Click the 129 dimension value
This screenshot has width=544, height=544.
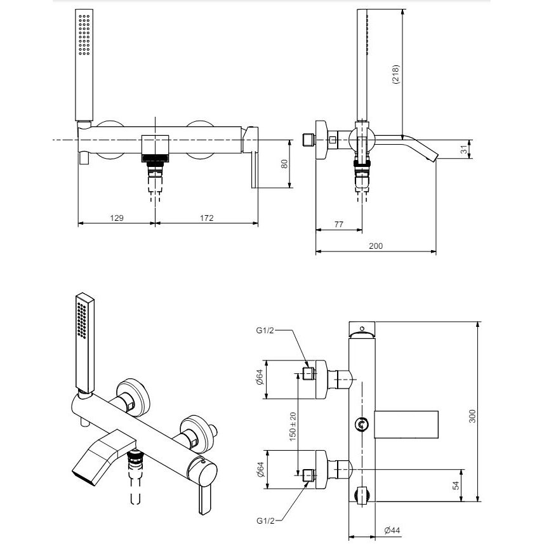(117, 218)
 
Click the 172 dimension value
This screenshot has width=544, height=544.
(206, 218)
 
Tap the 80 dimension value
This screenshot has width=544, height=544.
(284, 164)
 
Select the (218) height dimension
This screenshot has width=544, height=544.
(395, 74)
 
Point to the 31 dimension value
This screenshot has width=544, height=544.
(464, 150)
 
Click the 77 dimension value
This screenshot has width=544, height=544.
(338, 225)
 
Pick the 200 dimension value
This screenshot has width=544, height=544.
(376, 246)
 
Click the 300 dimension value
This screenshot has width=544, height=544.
(472, 416)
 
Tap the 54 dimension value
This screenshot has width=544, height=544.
(456, 485)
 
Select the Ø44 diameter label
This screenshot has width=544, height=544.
(392, 530)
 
